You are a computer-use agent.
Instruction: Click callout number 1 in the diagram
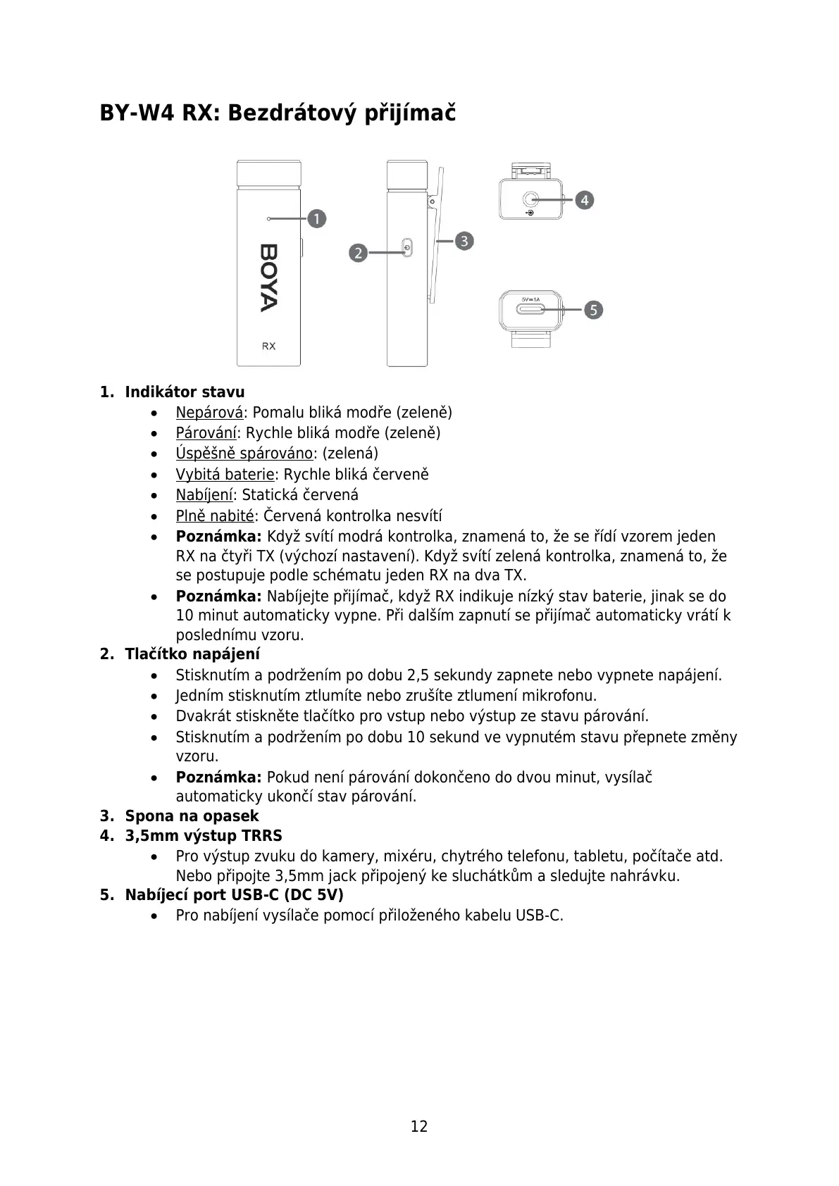click(x=317, y=218)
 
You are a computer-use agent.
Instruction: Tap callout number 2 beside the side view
click(x=359, y=252)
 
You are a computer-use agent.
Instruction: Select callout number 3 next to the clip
click(x=464, y=241)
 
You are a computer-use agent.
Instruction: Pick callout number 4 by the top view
click(x=584, y=200)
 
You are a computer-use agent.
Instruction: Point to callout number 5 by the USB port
click(x=593, y=309)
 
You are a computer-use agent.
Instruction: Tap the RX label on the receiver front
click(x=268, y=346)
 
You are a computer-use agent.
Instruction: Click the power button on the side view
click(x=408, y=249)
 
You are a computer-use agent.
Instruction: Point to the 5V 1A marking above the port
click(x=530, y=299)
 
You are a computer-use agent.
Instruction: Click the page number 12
click(x=419, y=1126)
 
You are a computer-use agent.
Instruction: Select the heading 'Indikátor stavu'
click(x=185, y=392)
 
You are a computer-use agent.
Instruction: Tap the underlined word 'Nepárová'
click(x=209, y=413)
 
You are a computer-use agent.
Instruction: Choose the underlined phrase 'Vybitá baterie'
click(x=225, y=475)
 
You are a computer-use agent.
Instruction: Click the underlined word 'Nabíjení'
click(x=204, y=495)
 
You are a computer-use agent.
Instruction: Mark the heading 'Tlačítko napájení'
click(x=192, y=654)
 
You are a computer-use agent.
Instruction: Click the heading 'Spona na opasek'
click(x=192, y=816)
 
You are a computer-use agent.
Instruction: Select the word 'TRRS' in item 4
click(x=261, y=836)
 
